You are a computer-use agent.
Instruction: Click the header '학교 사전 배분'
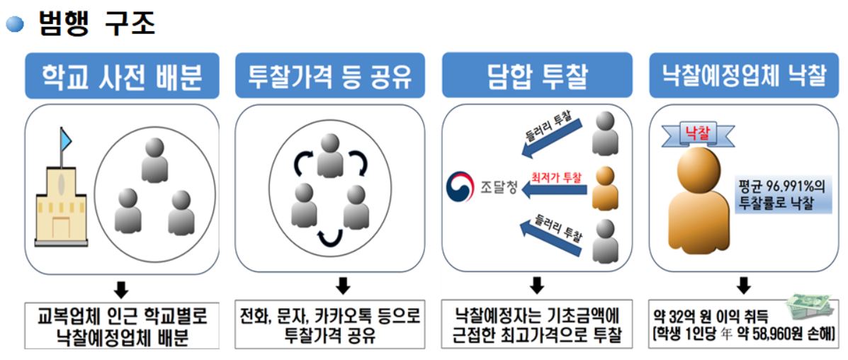pos(121,75)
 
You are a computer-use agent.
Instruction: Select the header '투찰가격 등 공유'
pos(330,75)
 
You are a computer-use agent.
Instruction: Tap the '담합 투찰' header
pos(537,75)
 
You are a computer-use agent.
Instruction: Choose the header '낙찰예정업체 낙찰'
pos(744,75)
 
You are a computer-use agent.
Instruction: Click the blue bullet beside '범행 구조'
pos(15,26)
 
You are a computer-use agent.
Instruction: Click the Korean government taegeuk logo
pos(460,189)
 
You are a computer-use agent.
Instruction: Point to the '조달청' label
pos(498,189)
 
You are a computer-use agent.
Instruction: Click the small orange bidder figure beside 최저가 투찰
pos(604,188)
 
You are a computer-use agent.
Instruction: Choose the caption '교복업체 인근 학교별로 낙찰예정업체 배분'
pos(122,324)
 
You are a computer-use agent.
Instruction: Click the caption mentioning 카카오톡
pos(330,324)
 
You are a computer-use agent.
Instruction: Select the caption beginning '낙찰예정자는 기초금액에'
pos(537,324)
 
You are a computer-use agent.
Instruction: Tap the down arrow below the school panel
pos(122,288)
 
